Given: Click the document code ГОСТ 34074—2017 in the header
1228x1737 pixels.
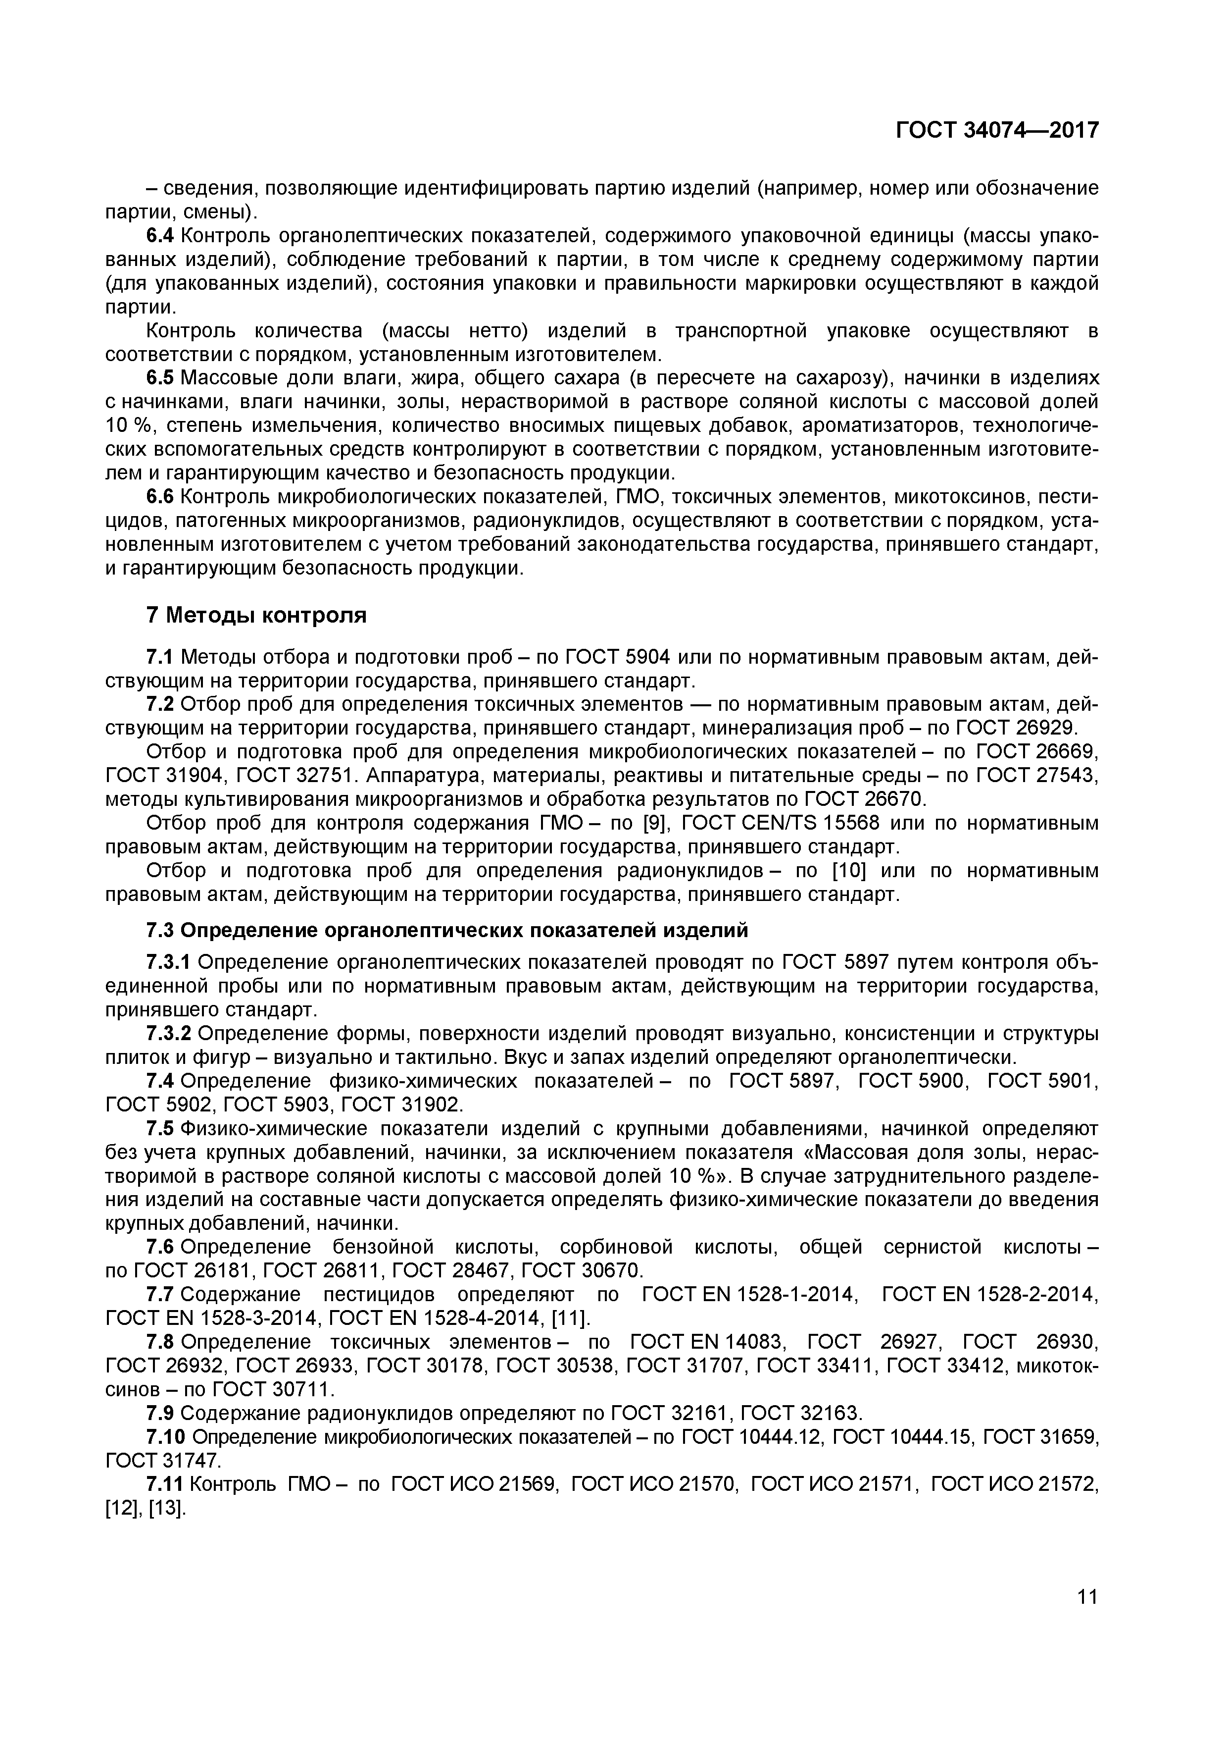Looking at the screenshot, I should (997, 130).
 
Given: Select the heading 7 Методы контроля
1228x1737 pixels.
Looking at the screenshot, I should (255, 615).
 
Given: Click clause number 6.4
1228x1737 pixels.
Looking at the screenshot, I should (159, 236).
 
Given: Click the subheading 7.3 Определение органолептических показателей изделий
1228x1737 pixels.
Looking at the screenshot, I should (446, 930).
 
